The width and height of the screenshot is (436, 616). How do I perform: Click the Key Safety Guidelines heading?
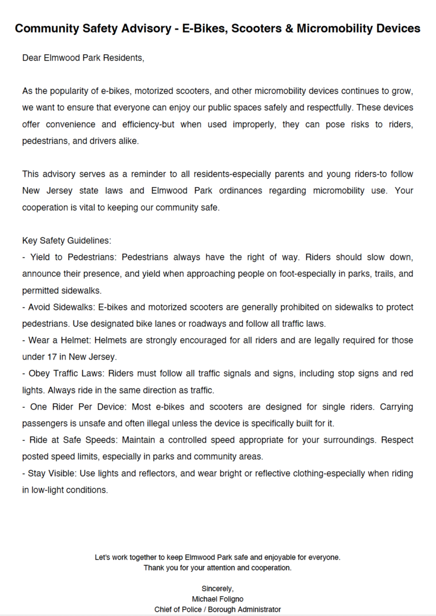click(x=67, y=241)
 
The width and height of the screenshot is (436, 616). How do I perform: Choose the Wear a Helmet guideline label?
click(x=60, y=340)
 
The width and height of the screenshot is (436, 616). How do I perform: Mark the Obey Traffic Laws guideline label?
click(x=69, y=374)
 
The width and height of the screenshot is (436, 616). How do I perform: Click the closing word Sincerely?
click(x=217, y=588)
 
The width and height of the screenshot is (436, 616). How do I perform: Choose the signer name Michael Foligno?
click(x=217, y=599)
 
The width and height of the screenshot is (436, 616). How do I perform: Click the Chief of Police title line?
click(x=217, y=609)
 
